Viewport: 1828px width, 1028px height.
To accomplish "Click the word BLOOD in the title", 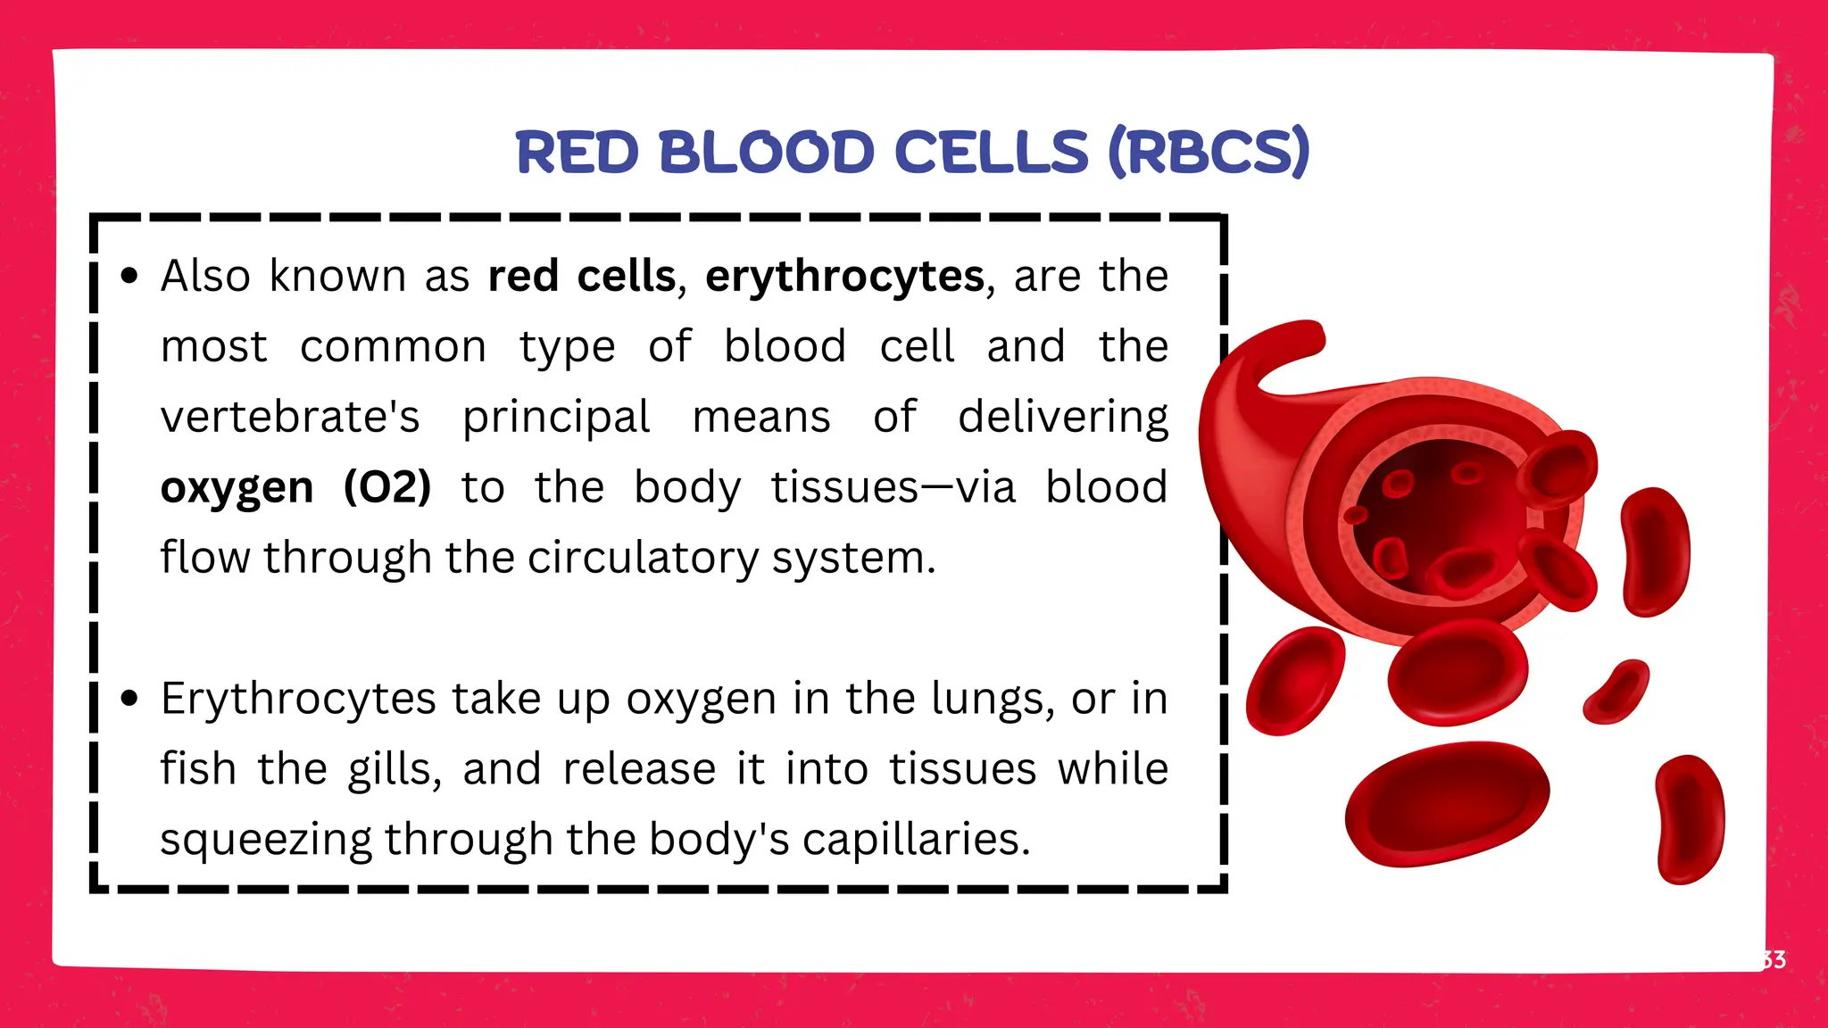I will point(766,152).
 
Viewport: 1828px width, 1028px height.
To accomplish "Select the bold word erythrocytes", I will point(844,277).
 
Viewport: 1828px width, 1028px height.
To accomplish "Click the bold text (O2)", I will point(387,487).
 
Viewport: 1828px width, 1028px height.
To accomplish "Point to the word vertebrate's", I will point(290,418).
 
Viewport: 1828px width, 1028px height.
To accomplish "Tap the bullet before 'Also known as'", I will point(130,276).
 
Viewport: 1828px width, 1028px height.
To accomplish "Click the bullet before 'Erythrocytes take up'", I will point(130,698).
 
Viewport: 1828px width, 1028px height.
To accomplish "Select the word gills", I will point(393,769).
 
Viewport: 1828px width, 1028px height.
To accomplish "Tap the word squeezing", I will point(266,840).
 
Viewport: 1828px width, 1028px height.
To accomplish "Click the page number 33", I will point(1773,960).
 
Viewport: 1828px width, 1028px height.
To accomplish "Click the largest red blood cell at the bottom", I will point(1446,803).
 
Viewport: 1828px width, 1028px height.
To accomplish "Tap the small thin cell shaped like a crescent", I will point(1616,692).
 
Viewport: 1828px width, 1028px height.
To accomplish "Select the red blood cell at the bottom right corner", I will point(1690,819).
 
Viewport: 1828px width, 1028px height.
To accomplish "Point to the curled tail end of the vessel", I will point(1294,344).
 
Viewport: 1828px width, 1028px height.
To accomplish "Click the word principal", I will point(556,418).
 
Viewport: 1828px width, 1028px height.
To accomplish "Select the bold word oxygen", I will point(237,487).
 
